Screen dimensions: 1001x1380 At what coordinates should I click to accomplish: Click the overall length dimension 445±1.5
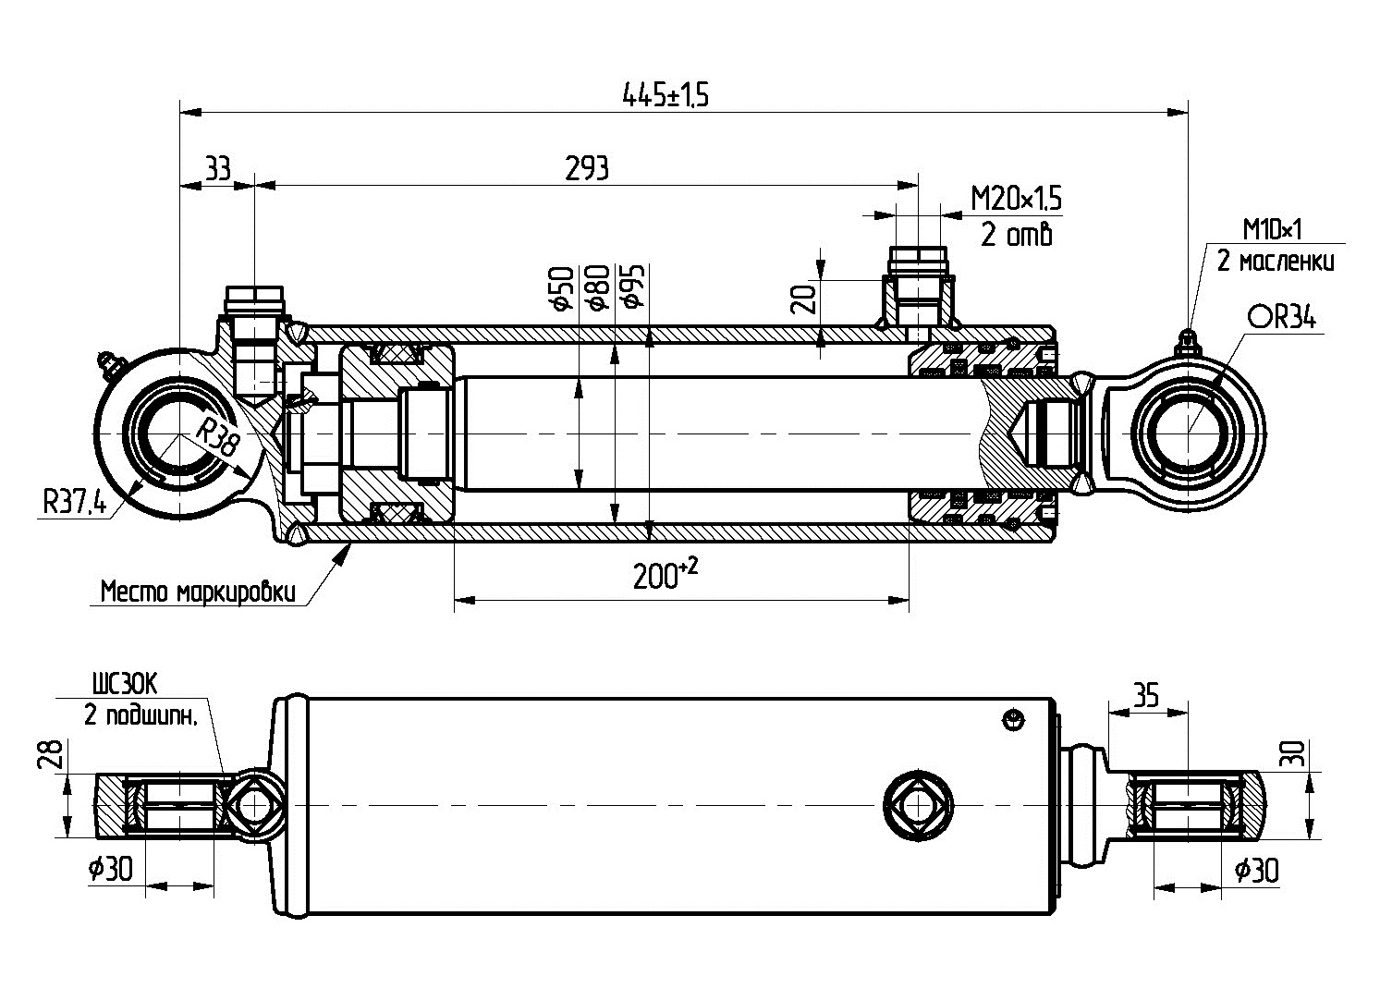[665, 94]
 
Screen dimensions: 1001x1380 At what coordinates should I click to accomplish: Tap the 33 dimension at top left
[217, 168]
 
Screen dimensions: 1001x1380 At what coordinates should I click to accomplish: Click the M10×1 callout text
[1272, 229]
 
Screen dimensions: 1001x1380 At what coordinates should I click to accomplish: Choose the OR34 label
[1282, 318]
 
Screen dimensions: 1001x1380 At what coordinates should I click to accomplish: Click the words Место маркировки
[198, 591]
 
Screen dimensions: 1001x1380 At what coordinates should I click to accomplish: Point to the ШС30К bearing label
[125, 684]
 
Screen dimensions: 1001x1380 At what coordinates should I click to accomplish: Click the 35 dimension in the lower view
[1145, 694]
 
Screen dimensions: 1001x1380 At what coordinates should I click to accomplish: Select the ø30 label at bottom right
[1256, 870]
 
